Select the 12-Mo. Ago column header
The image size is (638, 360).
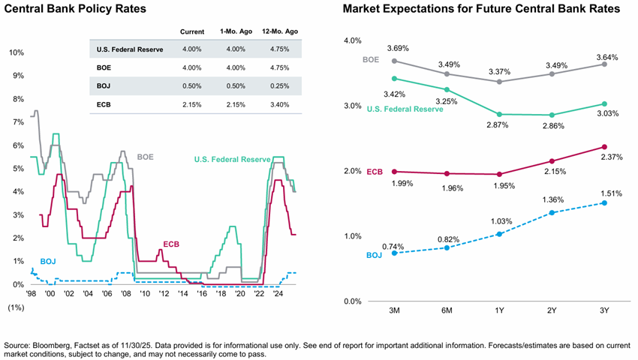pos(278,31)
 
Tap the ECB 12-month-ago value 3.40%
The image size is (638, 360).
pos(278,103)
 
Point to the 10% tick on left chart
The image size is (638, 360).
pos(16,52)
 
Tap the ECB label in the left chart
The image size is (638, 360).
pos(172,244)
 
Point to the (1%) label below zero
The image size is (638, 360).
pos(15,308)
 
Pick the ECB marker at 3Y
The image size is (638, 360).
pos(603,147)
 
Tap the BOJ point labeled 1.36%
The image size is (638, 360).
pos(551,212)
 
